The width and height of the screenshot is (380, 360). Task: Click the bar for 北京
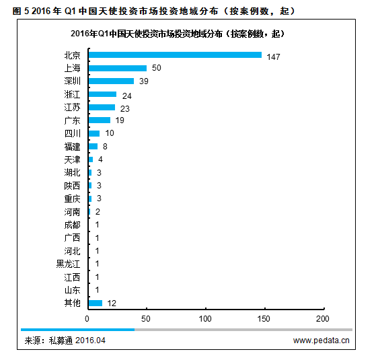click(x=174, y=55)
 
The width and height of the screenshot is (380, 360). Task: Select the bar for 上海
click(x=117, y=68)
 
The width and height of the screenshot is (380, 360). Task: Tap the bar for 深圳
click(x=111, y=81)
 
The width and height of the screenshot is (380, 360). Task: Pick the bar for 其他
click(x=95, y=303)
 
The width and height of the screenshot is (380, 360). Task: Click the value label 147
click(x=273, y=56)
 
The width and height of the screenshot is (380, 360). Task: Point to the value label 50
click(x=157, y=69)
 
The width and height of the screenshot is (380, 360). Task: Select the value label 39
click(x=144, y=81)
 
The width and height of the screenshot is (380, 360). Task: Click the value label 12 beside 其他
click(x=112, y=303)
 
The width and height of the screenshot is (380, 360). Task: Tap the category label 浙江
click(x=72, y=94)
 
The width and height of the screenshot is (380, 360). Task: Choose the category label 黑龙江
click(x=68, y=264)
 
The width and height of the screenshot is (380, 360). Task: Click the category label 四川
click(x=72, y=133)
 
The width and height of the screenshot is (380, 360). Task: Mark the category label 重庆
click(x=72, y=199)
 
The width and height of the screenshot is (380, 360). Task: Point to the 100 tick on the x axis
click(x=205, y=318)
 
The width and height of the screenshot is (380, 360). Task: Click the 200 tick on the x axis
click(x=323, y=318)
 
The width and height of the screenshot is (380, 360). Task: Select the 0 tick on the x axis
click(x=87, y=318)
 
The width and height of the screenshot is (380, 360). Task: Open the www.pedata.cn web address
click(x=321, y=340)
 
